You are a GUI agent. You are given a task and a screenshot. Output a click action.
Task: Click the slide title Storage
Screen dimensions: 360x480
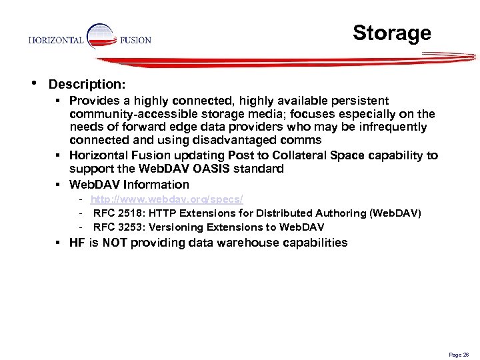[391, 33]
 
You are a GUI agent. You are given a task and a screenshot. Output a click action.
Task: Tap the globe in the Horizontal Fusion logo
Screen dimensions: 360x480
[101, 37]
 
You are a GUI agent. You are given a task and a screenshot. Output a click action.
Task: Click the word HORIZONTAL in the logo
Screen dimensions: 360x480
[56, 40]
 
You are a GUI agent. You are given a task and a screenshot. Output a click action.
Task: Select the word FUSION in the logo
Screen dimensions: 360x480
[135, 40]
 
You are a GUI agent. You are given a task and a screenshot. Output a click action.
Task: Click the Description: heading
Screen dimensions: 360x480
[86, 85]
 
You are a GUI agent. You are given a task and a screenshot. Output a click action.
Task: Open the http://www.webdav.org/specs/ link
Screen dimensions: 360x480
[167, 200]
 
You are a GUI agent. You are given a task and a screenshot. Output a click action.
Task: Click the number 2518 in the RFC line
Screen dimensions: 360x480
[125, 213]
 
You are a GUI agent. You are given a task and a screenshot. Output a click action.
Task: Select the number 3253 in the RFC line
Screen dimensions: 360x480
[125, 227]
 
